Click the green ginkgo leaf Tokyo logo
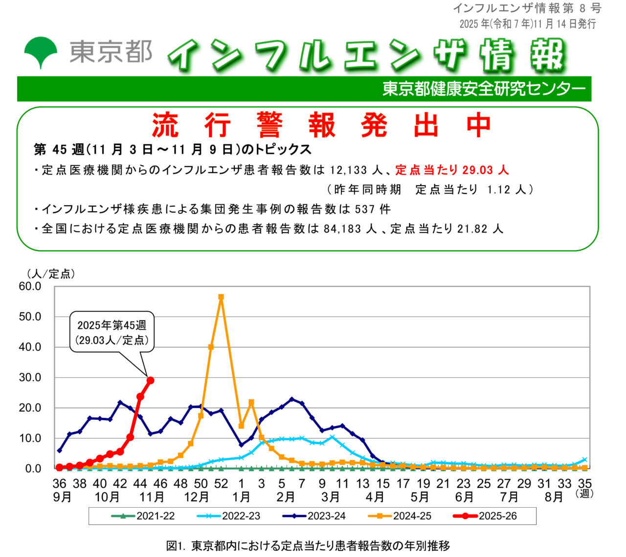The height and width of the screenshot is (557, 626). [41, 52]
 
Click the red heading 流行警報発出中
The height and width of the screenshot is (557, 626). [321, 125]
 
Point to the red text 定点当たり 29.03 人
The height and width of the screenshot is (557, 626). [452, 170]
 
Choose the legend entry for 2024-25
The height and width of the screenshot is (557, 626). [400, 516]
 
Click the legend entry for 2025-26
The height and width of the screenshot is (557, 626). [486, 516]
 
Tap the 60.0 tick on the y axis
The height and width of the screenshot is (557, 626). [30, 286]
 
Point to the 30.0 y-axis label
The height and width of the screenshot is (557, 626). [30, 377]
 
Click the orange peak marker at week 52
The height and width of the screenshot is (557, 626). [221, 297]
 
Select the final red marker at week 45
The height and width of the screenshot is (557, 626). [151, 380]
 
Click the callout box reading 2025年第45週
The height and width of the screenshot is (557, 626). [112, 332]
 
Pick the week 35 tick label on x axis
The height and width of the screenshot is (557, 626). [585, 484]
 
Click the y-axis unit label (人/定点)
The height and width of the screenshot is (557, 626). [51, 274]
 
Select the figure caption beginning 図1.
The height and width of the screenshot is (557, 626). [308, 546]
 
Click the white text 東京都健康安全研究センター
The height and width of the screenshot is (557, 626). [484, 89]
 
